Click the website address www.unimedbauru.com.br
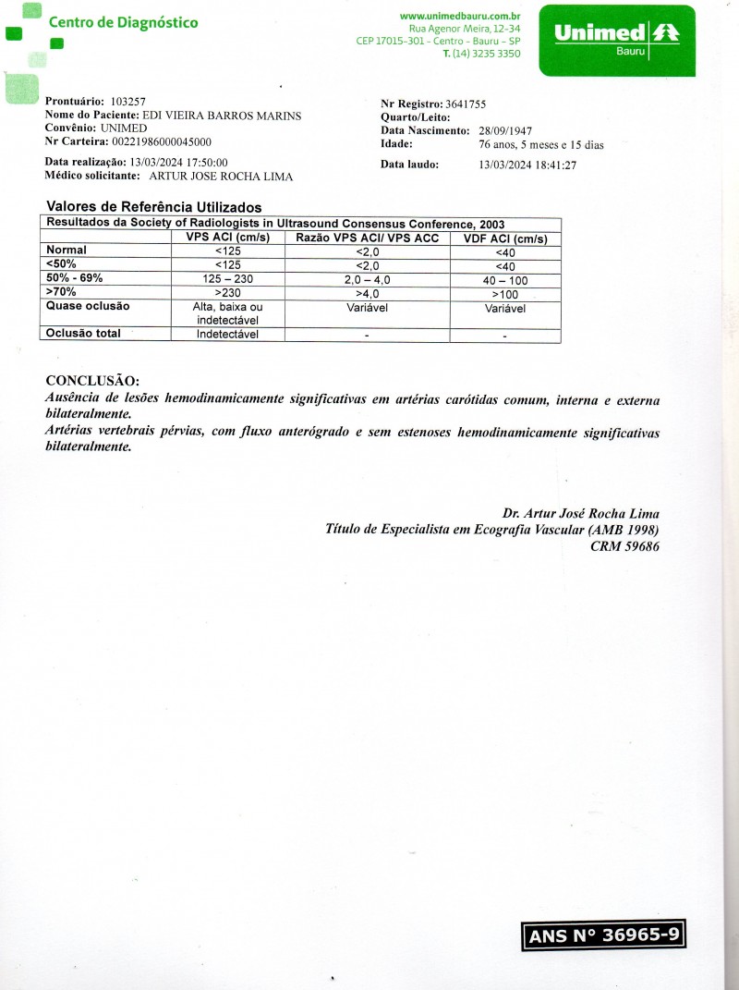tap(460, 16)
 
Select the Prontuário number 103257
tap(127, 101)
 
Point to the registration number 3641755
tap(466, 104)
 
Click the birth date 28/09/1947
tap(505, 131)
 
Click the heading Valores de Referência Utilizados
tap(153, 207)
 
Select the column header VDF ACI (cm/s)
tap(504, 238)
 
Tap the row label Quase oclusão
tap(88, 306)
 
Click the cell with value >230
tap(227, 293)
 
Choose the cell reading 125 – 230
tap(227, 279)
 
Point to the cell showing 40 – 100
tap(505, 280)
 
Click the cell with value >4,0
tap(367, 293)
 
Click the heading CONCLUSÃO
tap(92, 381)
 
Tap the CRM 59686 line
tap(624, 546)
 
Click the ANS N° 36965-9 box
tap(604, 935)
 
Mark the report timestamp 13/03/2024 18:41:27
tap(527, 165)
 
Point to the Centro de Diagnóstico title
tap(123, 22)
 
